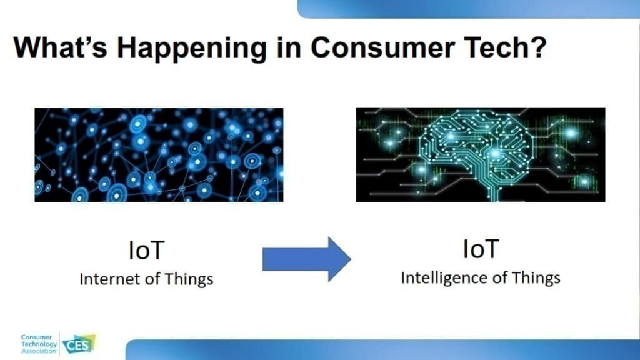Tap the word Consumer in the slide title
click(x=382, y=47)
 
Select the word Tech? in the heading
click(x=505, y=47)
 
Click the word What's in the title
click(x=61, y=47)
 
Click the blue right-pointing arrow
click(x=306, y=259)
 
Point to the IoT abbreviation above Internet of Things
click(x=146, y=250)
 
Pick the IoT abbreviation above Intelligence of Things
click(x=481, y=249)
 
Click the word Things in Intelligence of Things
click(x=536, y=279)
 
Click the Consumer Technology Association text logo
click(x=39, y=344)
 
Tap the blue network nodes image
click(x=159, y=155)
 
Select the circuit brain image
click(x=481, y=154)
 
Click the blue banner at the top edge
click(x=469, y=9)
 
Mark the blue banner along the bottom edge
click(x=383, y=350)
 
